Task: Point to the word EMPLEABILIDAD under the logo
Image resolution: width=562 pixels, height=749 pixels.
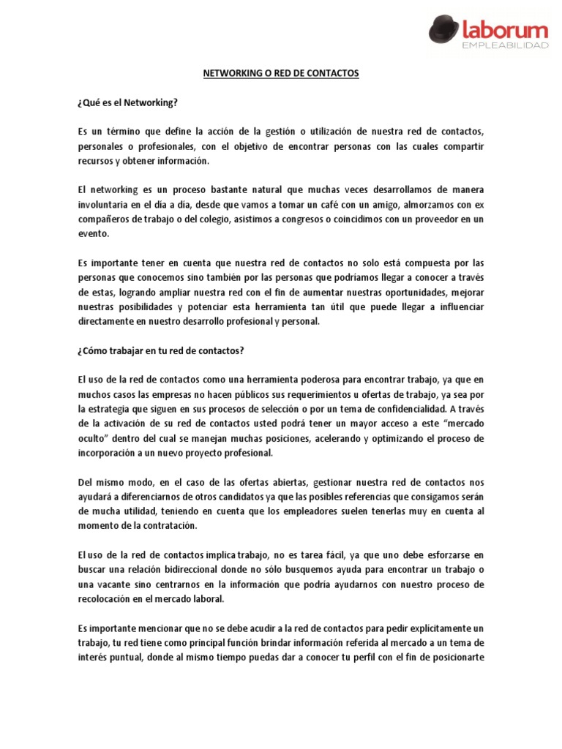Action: pos(506,47)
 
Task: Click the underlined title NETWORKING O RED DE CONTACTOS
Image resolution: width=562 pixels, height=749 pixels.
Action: pos(280,75)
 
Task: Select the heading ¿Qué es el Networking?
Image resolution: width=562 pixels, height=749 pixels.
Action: pos(127,103)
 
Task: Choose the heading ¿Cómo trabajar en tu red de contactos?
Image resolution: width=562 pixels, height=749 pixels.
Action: pos(160,350)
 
